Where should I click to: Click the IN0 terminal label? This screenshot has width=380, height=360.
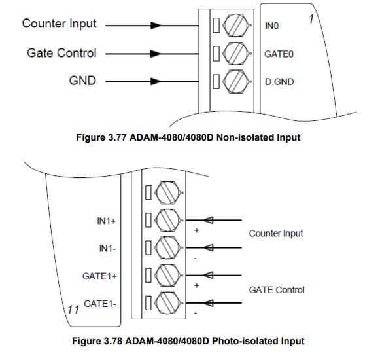coord(271,26)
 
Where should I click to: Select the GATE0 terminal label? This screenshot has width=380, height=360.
coord(279,54)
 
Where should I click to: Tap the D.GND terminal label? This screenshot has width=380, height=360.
coord(279,82)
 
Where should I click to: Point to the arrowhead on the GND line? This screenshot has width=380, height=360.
coord(156,82)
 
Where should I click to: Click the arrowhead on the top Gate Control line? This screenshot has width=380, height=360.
coord(156,54)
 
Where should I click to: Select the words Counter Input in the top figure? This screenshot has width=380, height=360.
coord(59,24)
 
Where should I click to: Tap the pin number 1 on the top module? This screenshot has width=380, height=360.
coord(311,19)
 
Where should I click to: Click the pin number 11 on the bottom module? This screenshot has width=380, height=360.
coord(73,310)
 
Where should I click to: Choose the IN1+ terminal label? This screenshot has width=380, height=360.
coord(107,221)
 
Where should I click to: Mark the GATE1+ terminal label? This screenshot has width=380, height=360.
coord(99,276)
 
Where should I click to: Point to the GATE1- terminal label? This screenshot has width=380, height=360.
coord(100,304)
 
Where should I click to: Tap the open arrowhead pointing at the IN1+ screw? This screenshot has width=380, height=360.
coord(208,220)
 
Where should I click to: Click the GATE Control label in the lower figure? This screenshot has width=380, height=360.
coord(277,290)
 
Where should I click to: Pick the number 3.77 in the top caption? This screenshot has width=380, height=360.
coord(116,137)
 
